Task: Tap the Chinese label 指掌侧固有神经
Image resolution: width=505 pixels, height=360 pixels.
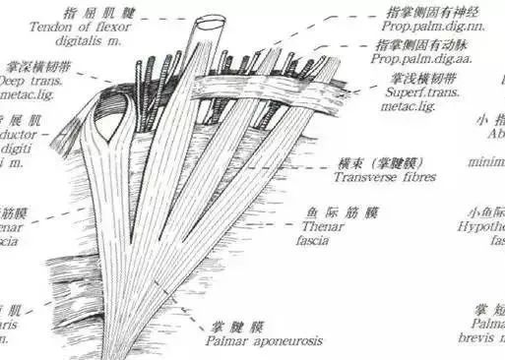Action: click(x=434, y=13)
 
